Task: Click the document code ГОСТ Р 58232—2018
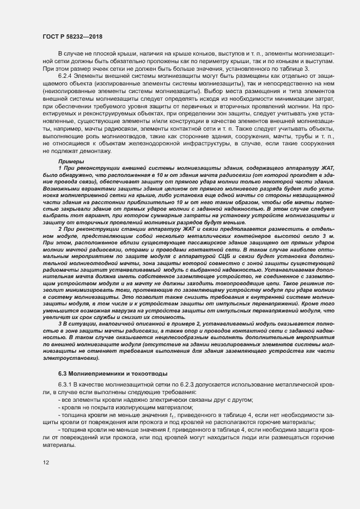point(72,36)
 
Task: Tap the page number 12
point(46,463)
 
